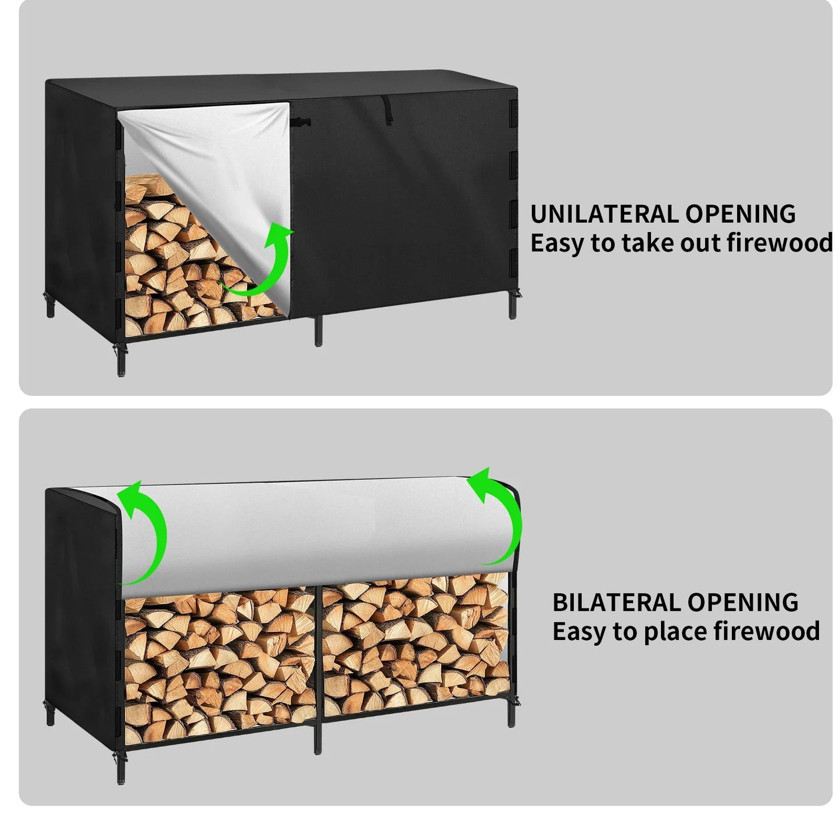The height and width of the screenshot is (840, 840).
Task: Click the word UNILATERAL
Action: click(x=605, y=214)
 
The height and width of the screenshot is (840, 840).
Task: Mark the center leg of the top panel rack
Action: click(x=318, y=331)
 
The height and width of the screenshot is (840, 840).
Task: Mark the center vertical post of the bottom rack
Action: click(x=318, y=657)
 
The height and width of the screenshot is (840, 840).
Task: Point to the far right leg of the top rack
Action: click(x=512, y=305)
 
